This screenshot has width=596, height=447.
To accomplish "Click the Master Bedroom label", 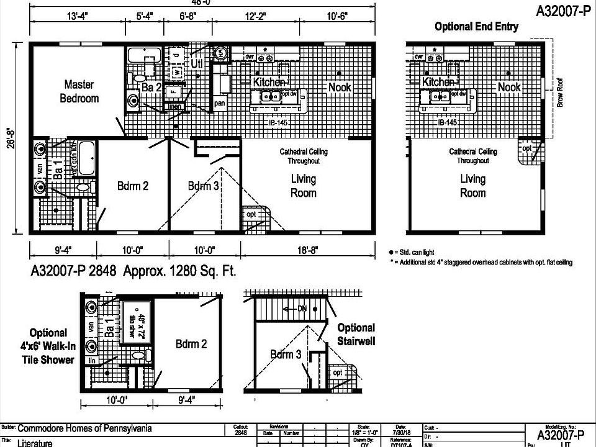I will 79,91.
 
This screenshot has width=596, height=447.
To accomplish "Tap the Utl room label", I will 197,63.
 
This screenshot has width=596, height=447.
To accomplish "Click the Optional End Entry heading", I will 476,27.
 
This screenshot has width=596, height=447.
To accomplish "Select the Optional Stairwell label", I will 356,334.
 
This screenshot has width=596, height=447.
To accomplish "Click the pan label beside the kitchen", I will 219,104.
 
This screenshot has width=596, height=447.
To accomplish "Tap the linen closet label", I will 176,107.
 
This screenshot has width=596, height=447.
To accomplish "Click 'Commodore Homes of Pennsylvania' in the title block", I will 84,428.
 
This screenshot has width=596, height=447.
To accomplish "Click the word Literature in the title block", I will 35,443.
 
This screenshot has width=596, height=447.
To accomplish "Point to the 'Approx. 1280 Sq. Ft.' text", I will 179,271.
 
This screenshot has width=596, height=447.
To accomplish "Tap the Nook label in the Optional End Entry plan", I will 509,88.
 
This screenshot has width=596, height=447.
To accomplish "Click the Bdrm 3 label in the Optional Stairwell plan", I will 286,354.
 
